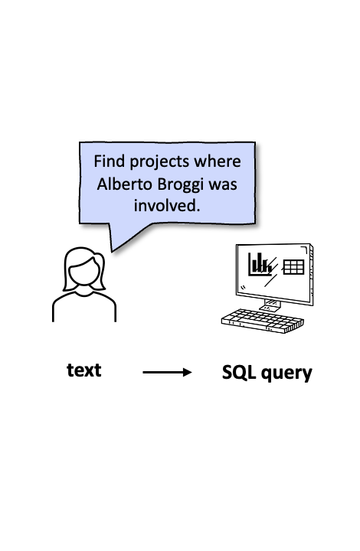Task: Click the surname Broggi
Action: tap(180, 185)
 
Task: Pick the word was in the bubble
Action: tap(223, 185)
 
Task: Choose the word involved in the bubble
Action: tap(167, 206)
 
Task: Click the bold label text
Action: tap(84, 370)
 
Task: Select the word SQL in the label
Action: tap(239, 372)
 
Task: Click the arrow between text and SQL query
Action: tap(167, 372)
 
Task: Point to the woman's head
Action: tap(84, 271)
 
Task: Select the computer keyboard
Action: tap(262, 321)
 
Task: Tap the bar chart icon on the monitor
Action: tap(260, 264)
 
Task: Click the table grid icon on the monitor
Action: tap(293, 267)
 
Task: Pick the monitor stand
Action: tap(271, 305)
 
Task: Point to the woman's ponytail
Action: tap(100, 272)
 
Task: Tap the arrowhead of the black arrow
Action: tap(188, 372)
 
